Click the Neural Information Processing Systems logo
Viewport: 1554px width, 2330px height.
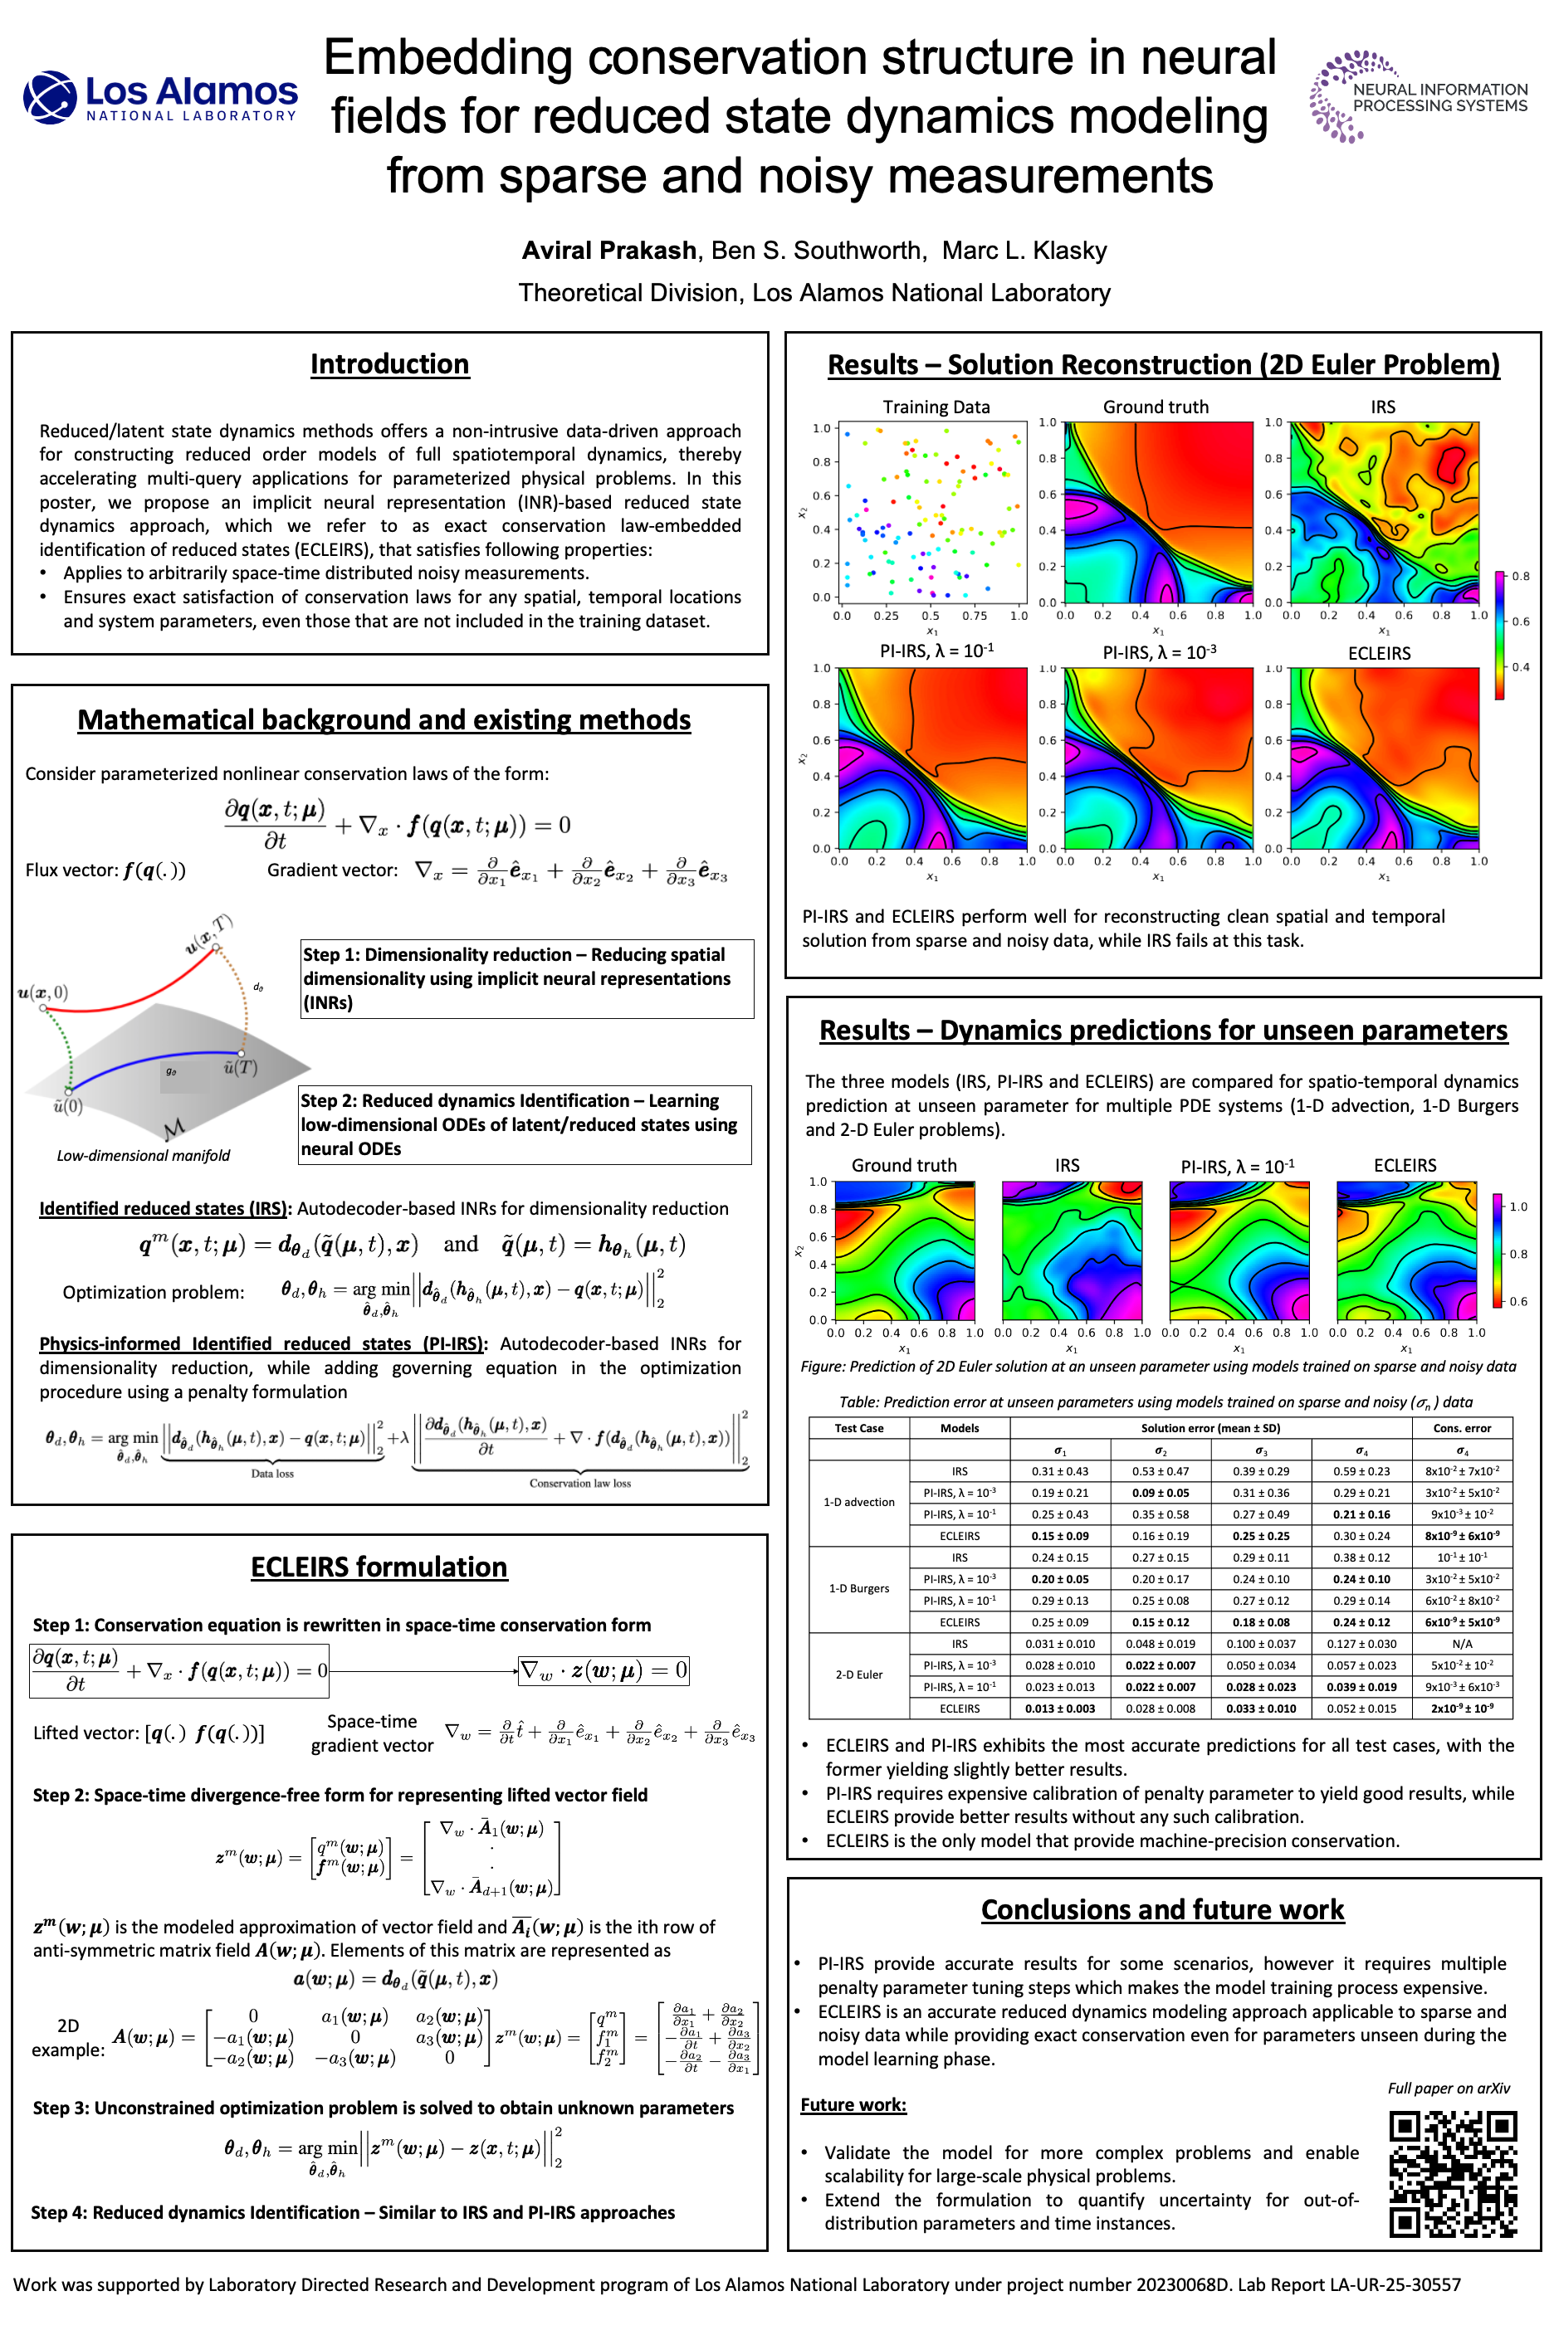click(1418, 97)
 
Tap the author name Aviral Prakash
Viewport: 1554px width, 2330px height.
click(608, 251)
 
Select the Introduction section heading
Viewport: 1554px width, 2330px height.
click(389, 364)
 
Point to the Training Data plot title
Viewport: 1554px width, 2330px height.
click(936, 407)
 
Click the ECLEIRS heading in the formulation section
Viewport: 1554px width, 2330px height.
click(379, 1567)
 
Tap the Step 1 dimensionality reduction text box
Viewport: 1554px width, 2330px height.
click(526, 979)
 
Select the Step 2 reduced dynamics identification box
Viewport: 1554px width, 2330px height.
click(525, 1124)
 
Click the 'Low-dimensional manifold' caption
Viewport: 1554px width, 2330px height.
click(143, 1155)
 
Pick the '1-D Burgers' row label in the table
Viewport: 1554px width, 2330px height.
click(858, 1588)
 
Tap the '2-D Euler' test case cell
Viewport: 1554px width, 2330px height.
click(858, 1674)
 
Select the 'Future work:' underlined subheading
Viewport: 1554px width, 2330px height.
click(853, 2105)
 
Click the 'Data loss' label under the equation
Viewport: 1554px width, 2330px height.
click(271, 1473)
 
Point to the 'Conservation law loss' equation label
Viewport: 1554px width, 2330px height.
click(579, 1483)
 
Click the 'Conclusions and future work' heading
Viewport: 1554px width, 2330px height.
click(1162, 1910)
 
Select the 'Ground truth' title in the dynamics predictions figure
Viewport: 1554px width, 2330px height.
click(904, 1166)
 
